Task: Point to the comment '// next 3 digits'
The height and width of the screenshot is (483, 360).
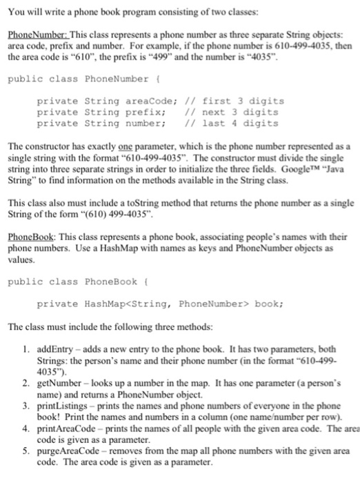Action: click(x=234, y=112)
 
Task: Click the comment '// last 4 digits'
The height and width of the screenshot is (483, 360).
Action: click(x=234, y=123)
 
